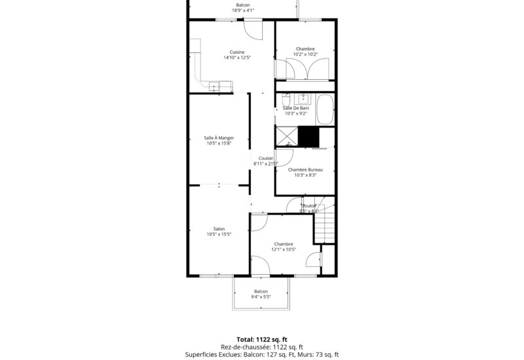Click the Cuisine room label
237,52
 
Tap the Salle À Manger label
219,137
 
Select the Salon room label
219,228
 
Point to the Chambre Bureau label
305,170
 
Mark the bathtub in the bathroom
326,110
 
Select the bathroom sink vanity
303,99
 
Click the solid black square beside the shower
309,136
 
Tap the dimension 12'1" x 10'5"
284,249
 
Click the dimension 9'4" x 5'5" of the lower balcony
261,297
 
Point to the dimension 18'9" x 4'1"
242,10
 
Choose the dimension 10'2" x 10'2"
305,54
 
